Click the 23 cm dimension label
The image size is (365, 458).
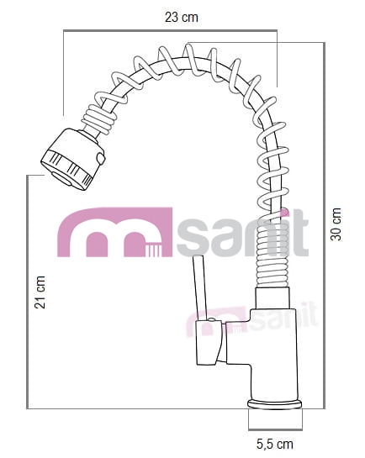pos(181,18)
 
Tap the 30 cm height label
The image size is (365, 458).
pos(336,224)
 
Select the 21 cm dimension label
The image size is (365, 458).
pos(40,292)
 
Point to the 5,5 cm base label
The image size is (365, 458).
pos(275,445)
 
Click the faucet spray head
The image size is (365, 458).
pos(73,159)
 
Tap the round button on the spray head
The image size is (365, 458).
pos(100,158)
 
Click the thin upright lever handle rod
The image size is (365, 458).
pos(200,287)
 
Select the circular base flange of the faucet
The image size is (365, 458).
pos(275,404)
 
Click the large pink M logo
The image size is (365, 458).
pos(114,232)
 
